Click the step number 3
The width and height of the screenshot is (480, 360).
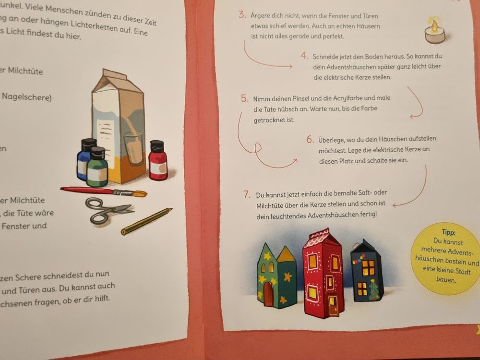point(242,15)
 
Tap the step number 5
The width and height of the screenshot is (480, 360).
point(244,98)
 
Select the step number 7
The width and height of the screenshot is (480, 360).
point(247,194)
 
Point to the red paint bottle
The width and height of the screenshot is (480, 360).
point(157,160)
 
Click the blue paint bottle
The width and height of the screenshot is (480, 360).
point(85,159)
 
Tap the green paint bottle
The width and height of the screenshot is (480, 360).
point(97,167)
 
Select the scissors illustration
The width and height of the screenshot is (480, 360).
point(108,210)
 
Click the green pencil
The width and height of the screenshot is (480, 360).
point(146,221)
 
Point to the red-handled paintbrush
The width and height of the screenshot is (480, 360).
point(104,192)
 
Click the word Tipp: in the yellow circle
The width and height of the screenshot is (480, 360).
point(448,232)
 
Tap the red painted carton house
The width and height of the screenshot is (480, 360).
point(323,274)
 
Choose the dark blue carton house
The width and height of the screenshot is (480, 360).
point(367,271)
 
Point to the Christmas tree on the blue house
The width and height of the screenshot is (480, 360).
point(374,290)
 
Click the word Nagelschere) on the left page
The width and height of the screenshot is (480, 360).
point(27,97)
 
